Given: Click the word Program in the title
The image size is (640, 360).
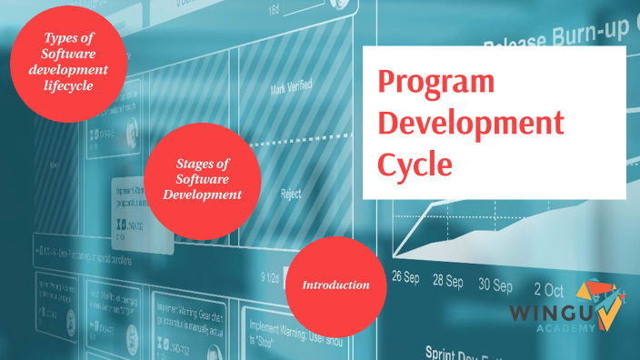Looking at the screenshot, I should coord(436,83).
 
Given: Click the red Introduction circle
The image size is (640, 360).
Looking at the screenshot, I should coord(336,285).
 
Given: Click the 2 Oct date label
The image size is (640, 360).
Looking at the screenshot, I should coord(549,290).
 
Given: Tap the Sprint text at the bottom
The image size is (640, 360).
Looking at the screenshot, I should coord(446,351).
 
